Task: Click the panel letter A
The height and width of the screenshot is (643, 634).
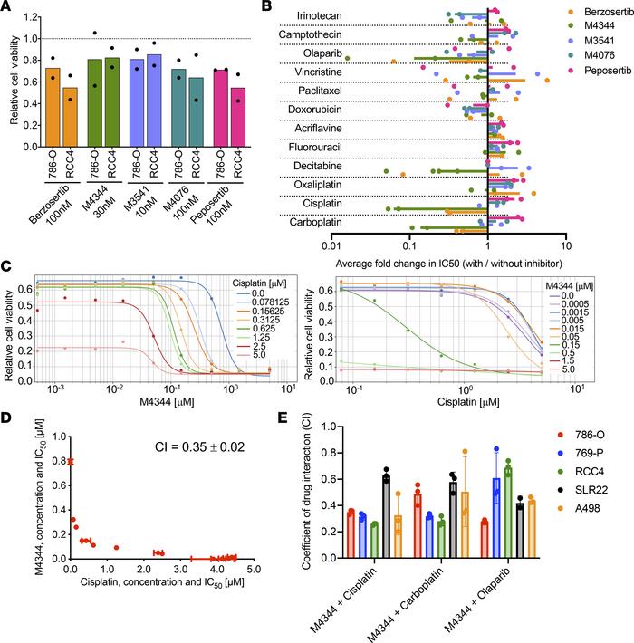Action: [x=7, y=8]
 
